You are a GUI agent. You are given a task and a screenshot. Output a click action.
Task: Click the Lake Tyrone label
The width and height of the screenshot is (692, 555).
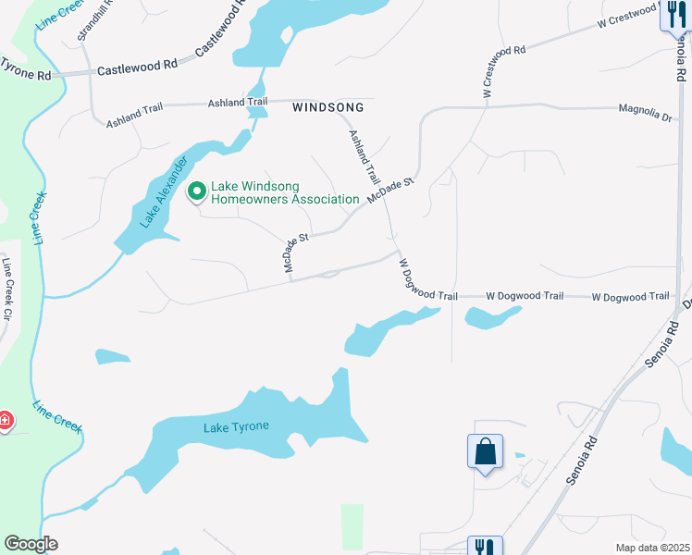click(x=236, y=426)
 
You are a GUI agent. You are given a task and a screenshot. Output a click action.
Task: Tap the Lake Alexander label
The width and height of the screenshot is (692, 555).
click(x=159, y=191)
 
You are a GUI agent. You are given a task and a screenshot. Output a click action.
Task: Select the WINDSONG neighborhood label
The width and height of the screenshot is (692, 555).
click(x=324, y=107)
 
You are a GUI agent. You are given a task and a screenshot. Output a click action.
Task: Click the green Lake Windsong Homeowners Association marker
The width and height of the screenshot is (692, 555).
click(x=197, y=192)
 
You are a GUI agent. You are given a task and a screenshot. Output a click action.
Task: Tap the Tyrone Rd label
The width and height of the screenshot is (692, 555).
click(x=26, y=68)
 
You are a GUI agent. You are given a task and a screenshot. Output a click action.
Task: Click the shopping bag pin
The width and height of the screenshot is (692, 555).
click(x=485, y=451)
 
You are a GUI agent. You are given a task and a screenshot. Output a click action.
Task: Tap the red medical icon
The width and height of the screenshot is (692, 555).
click(x=5, y=421)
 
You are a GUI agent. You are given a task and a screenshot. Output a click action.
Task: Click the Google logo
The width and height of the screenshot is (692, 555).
click(x=31, y=544)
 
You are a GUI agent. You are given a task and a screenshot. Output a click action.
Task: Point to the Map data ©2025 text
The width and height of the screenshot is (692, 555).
click(x=652, y=548)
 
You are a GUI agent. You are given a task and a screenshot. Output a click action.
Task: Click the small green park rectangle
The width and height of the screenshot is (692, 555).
click(x=352, y=525)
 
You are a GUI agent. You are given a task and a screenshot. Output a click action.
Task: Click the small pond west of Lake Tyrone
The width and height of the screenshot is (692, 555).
click(x=112, y=356)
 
